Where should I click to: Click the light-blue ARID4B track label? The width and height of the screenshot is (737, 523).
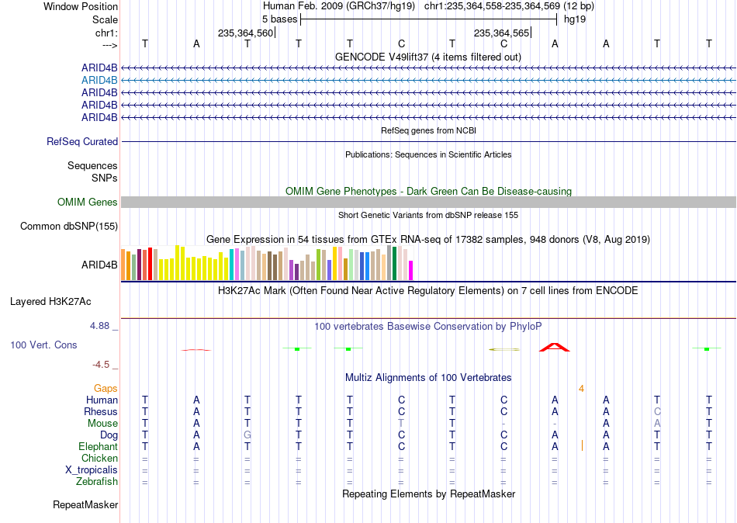point(99,81)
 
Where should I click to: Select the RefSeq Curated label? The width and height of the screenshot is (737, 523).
point(82,141)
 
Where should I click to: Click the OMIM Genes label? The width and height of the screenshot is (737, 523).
point(88,203)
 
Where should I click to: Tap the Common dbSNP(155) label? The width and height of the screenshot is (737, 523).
point(69,227)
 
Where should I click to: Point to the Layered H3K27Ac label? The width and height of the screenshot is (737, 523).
point(50,302)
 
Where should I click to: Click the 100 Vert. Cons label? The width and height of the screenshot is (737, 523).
point(43,345)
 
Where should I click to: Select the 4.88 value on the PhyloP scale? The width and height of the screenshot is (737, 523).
point(99,325)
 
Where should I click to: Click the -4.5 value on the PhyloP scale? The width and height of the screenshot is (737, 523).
point(101,365)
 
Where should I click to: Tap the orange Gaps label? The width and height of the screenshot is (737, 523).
point(106,389)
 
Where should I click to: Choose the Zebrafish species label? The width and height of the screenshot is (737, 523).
point(97,482)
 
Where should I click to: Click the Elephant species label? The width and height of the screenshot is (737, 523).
point(98,447)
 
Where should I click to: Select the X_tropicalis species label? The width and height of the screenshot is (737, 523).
point(92,470)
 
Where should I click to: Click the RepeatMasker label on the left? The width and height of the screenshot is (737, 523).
point(85,504)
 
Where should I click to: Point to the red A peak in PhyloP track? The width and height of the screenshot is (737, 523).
point(555,348)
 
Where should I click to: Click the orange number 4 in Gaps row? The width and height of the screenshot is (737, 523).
point(581,389)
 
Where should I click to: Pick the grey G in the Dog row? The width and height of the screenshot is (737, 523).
point(247,435)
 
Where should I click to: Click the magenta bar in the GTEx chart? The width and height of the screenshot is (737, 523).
point(411,271)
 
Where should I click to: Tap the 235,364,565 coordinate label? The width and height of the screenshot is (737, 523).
point(501,33)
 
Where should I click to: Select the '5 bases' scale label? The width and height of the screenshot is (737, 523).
point(279,19)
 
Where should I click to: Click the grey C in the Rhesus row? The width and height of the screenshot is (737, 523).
point(657,411)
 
